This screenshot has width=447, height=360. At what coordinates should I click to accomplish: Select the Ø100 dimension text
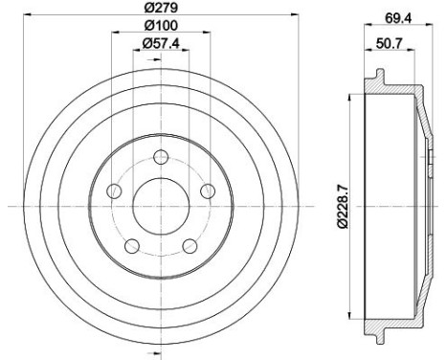[161, 27]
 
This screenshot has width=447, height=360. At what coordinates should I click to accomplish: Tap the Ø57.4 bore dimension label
[161, 44]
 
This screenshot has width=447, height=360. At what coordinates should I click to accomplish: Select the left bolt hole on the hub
[114, 191]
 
